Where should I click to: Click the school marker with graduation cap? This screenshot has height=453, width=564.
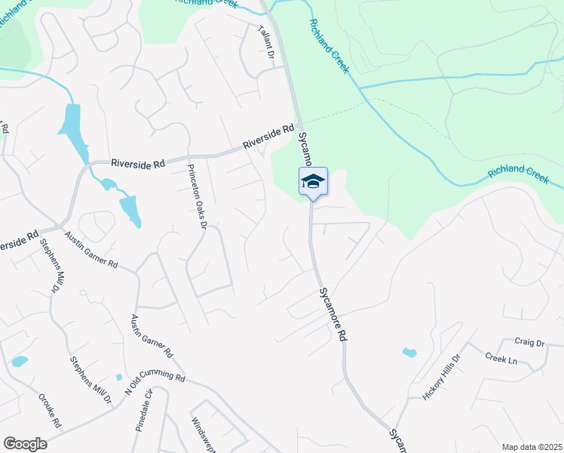(314, 182)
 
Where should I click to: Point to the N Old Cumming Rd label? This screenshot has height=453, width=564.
(155, 382)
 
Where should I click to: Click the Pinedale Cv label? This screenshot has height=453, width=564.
(144, 409)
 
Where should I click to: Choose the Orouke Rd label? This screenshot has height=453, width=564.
(51, 411)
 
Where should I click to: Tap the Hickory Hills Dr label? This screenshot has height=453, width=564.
(440, 377)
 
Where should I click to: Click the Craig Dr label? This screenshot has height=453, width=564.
(529, 342)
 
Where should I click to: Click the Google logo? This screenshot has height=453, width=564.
(25, 443)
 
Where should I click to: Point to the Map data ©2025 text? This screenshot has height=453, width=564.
(532, 447)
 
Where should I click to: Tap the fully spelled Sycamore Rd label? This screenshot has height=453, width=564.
(333, 313)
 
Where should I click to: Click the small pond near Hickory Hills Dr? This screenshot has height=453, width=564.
(409, 352)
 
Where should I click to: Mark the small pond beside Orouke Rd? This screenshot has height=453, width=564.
(20, 361)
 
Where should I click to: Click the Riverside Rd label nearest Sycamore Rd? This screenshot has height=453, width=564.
(268, 137)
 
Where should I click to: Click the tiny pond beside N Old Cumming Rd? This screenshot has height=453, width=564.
(118, 377)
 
